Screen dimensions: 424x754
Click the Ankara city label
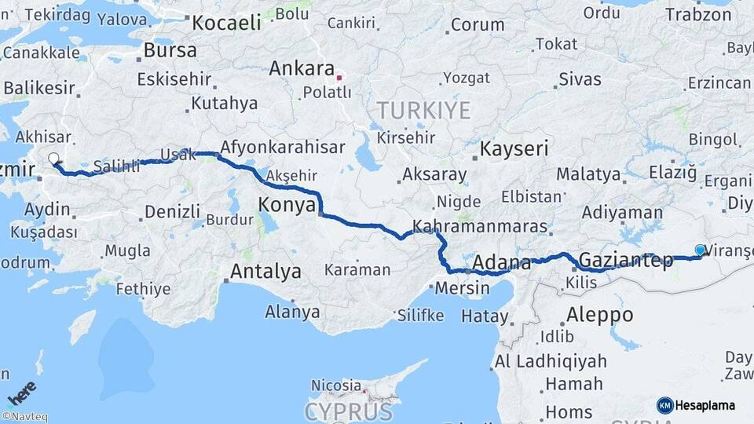point(302,69)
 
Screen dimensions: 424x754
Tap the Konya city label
point(287,206)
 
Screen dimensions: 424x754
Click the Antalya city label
point(265,272)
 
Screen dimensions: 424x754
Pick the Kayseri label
point(514,148)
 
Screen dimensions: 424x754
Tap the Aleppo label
point(599,314)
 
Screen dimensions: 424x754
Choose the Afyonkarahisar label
point(283,147)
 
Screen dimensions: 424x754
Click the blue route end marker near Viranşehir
point(700,250)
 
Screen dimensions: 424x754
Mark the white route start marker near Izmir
point(53,159)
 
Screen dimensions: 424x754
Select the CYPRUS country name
point(348,411)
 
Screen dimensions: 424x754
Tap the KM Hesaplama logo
point(696,405)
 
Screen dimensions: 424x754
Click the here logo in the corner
point(21,393)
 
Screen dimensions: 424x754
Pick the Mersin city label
point(462,287)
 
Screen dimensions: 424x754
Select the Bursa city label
point(170,51)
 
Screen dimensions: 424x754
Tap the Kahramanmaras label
point(479,225)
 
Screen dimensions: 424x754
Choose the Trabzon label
point(698,14)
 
